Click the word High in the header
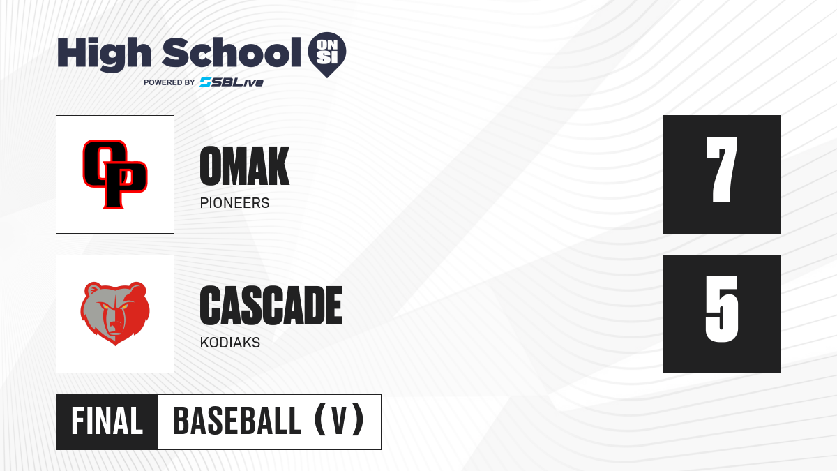pos(104,54)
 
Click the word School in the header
pos(232,52)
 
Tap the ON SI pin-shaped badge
pos(327,54)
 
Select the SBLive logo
pos(232,82)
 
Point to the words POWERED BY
pos(169,82)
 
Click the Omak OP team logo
pos(115,174)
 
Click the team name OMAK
pos(245,166)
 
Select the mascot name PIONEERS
pos(234,203)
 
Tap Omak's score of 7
pos(721,170)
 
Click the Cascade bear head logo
pos(115,313)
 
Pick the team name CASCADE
pos(271,306)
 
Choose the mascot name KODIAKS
pos(230,343)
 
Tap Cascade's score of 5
pos(721,309)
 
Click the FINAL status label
pos(107,421)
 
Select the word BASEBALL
pos(237,421)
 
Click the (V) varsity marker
pos(339,420)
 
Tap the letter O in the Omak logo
pos(101,163)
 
